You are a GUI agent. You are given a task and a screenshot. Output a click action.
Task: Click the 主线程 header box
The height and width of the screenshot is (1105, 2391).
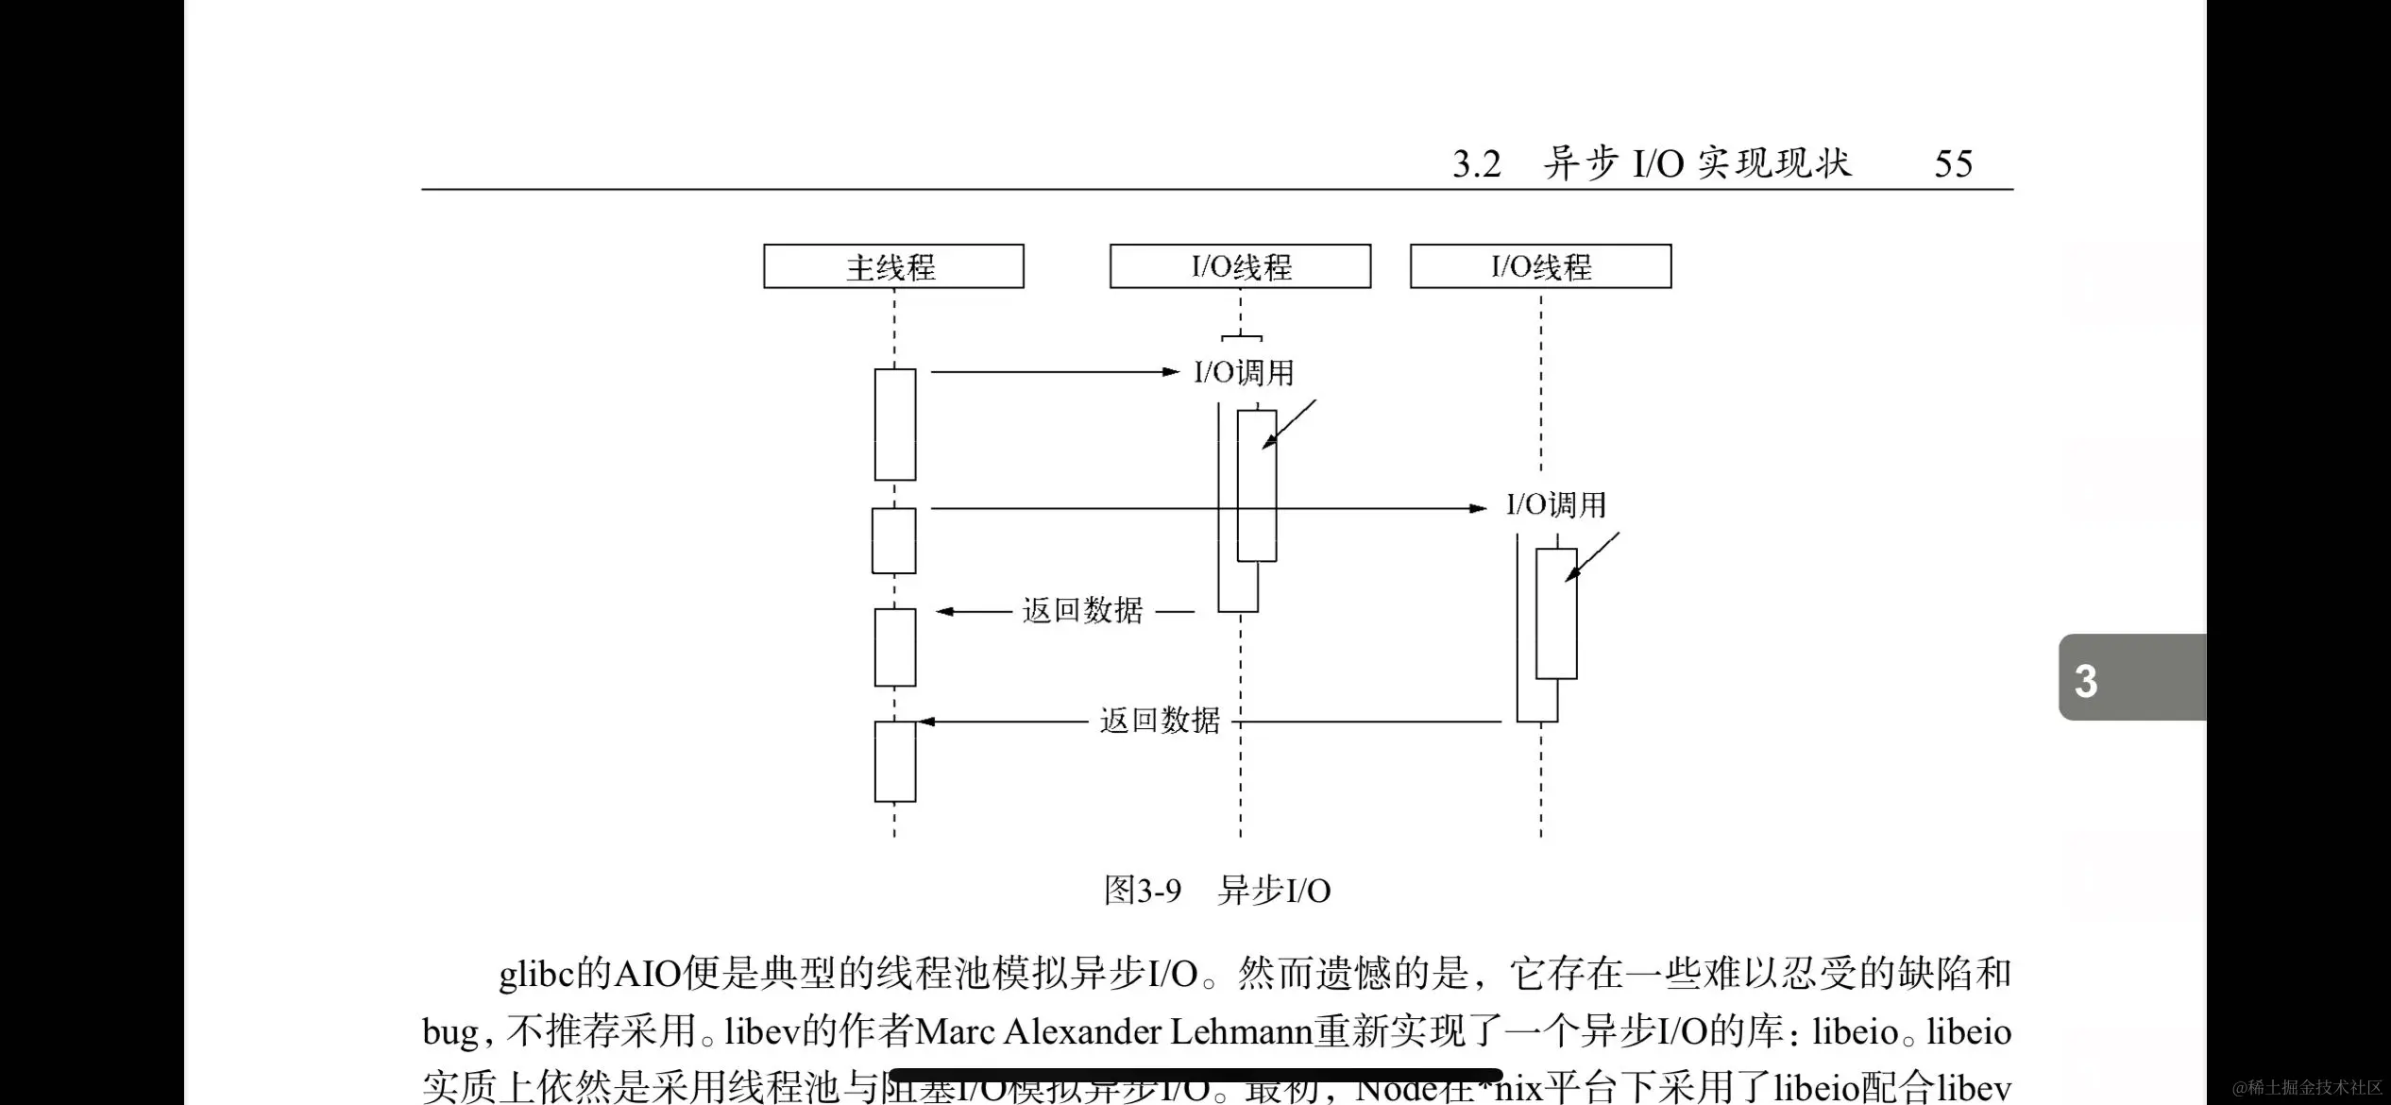(x=893, y=266)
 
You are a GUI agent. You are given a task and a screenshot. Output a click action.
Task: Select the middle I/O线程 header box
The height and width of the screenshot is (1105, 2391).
(x=1240, y=266)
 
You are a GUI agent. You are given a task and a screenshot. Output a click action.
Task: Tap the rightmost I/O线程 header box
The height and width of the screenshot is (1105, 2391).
(x=1540, y=266)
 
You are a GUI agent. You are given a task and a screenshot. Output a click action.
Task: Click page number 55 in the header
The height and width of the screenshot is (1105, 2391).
(x=1953, y=164)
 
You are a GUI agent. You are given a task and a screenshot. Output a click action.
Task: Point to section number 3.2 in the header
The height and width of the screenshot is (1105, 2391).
(x=1476, y=165)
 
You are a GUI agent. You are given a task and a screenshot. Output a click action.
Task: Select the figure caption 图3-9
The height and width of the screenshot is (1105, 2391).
(x=1143, y=891)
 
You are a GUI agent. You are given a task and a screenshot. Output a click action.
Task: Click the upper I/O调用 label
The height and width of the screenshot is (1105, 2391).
(x=1244, y=373)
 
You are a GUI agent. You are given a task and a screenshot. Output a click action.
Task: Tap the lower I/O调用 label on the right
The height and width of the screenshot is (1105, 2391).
(x=1555, y=505)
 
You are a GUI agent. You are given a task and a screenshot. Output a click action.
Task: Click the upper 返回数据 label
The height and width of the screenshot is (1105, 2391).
(x=1082, y=611)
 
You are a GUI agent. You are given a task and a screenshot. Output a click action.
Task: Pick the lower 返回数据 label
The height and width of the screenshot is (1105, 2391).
(x=1160, y=722)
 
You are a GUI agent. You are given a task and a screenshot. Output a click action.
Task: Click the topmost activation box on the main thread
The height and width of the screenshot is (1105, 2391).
(x=894, y=424)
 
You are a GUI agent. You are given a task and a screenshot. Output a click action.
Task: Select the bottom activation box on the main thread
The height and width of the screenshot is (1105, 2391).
(x=894, y=761)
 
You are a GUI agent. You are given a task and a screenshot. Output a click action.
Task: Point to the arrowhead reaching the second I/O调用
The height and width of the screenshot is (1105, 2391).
(x=1479, y=508)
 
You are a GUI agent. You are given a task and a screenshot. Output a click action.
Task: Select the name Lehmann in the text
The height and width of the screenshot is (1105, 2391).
(x=1242, y=1031)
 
